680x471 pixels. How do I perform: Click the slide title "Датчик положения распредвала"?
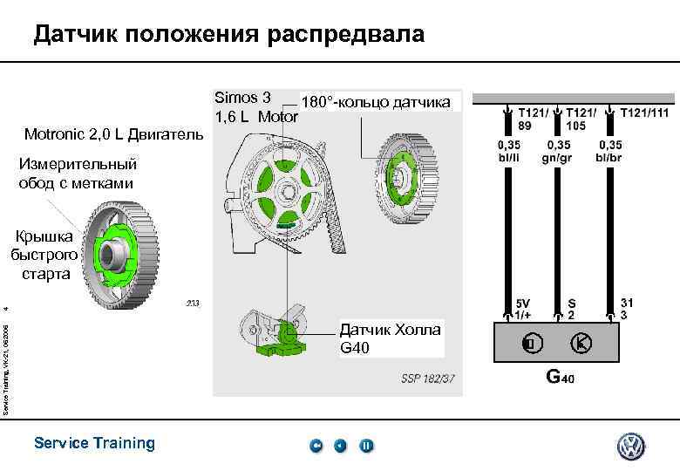229,34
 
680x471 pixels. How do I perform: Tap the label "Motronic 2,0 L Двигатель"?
114,134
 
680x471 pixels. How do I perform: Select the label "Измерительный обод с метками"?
76,173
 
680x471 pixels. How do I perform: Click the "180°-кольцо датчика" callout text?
376,103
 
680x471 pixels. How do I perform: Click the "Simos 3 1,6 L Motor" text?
255,106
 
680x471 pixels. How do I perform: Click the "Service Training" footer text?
94,443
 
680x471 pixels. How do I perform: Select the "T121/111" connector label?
643,113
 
